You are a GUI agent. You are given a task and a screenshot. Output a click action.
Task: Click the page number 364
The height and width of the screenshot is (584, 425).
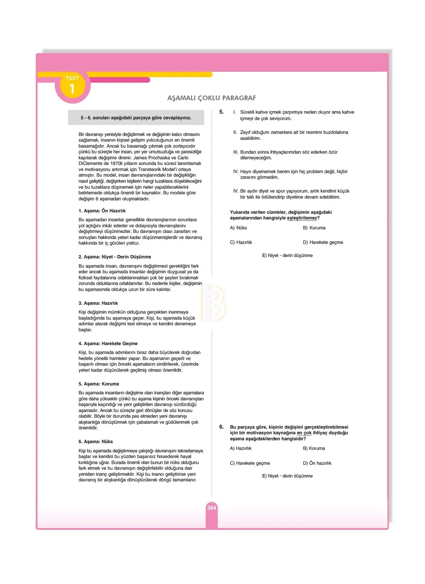click(211, 508)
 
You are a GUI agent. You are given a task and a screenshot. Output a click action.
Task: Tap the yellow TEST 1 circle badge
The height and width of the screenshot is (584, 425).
click(72, 86)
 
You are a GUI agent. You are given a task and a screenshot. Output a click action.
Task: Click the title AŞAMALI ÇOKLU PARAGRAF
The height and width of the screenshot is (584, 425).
click(211, 98)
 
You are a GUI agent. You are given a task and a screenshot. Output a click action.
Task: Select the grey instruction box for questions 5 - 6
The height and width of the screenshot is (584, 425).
click(136, 118)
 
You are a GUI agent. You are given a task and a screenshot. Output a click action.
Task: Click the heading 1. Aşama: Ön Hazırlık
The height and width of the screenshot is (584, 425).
click(102, 211)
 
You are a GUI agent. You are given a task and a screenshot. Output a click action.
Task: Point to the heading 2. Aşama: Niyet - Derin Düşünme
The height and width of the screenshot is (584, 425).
click(115, 257)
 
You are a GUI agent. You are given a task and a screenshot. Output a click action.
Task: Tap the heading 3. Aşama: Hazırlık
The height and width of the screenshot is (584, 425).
click(98, 303)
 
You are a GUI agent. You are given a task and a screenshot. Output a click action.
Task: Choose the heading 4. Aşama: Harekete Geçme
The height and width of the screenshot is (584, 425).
click(108, 344)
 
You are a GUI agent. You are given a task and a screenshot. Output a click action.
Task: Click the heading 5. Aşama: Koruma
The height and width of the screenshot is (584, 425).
click(99, 384)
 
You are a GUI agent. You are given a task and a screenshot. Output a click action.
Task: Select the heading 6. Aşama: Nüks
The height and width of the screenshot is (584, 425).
click(96, 442)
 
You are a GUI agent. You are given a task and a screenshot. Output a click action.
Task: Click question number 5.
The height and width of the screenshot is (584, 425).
click(221, 112)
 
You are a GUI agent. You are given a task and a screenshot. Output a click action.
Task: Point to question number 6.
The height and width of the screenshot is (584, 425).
click(221, 427)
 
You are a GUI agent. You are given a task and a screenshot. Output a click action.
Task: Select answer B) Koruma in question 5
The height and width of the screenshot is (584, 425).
click(314, 228)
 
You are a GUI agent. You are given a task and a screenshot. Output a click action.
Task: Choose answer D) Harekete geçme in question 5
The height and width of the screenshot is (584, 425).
click(323, 242)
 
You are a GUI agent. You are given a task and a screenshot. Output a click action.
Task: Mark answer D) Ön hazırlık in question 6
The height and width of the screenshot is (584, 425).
click(317, 463)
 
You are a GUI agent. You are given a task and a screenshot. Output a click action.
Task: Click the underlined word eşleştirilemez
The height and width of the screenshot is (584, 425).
click(302, 218)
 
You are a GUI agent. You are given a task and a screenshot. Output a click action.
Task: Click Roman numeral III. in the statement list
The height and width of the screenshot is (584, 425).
click(236, 152)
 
